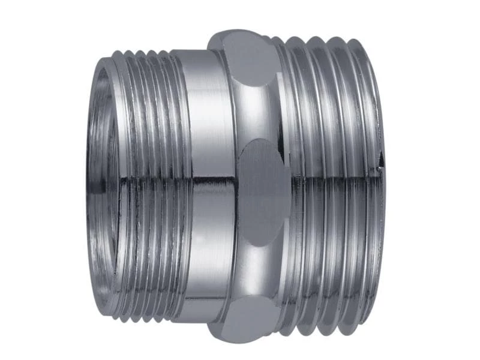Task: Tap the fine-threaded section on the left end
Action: click(x=150, y=120)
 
